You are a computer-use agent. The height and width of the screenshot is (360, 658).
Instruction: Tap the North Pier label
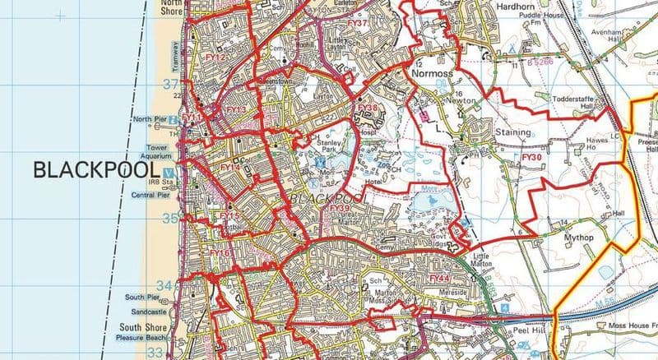coord(149,119)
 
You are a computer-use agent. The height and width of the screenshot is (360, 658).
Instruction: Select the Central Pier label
coord(148,195)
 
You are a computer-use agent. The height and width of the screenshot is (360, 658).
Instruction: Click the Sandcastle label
coord(144,313)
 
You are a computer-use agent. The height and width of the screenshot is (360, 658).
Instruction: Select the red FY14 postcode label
coord(229,168)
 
